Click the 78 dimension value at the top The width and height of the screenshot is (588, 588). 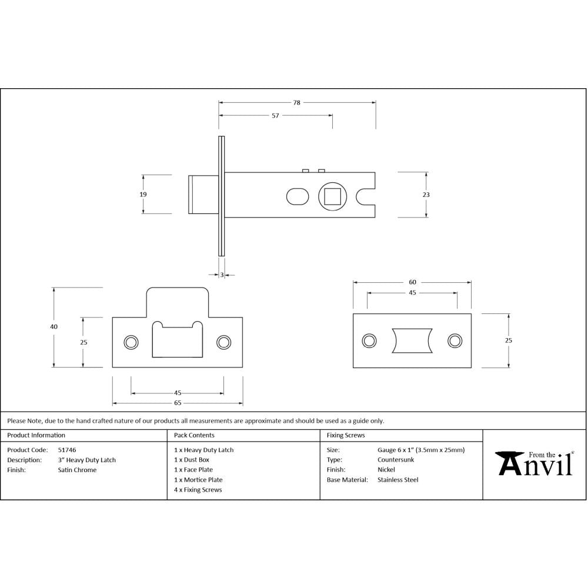297,102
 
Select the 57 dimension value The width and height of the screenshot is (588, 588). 275,116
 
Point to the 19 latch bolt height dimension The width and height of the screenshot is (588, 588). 143,195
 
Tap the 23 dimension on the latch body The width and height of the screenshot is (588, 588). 426,195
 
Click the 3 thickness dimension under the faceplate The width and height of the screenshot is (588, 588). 222,274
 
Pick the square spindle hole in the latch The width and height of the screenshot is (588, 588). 333,196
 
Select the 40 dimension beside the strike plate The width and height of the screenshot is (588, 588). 54,327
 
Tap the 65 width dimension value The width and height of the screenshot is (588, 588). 178,403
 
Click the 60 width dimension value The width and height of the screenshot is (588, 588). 412,282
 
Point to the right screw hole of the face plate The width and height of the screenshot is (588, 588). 454,340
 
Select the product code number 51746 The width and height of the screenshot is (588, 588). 66,450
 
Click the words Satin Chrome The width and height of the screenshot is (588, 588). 77,470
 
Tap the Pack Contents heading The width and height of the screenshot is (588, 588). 194,435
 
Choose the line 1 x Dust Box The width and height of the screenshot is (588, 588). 192,460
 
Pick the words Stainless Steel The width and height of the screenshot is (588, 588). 397,480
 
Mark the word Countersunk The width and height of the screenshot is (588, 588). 395,460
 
